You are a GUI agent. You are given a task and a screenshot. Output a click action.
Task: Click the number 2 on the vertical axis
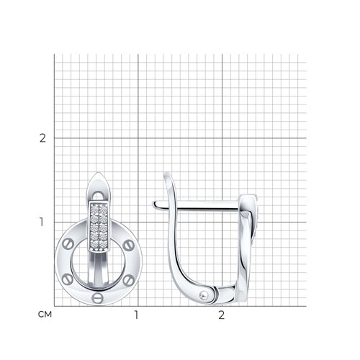[42, 138]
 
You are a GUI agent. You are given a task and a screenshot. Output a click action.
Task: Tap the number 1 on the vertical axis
[42, 222]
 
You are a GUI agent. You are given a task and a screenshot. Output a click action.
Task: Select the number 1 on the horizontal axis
[136, 315]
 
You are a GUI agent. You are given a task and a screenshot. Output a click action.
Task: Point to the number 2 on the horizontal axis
[222, 315]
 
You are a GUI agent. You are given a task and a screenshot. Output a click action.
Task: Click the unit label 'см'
[45, 315]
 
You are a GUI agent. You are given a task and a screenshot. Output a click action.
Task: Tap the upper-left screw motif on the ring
[68, 244]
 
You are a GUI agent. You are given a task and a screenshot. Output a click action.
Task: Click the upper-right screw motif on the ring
[129, 245]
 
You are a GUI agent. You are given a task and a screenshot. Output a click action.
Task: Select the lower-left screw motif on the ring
[68, 280]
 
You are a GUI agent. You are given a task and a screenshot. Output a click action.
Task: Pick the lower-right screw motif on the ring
[129, 279]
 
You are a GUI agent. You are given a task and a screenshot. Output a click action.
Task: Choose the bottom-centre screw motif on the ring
[97, 298]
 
